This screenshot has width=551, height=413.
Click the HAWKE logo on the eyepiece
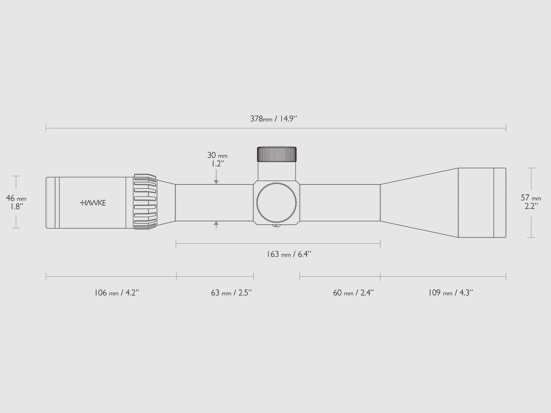(93, 203)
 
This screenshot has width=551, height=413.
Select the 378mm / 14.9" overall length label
(273, 119)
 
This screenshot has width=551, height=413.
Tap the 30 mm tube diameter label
(217, 155)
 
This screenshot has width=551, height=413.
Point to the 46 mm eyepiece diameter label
(16, 198)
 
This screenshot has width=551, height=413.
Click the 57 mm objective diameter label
(531, 198)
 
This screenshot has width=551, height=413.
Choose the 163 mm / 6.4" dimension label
(289, 254)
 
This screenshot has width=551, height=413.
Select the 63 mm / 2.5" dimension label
(231, 293)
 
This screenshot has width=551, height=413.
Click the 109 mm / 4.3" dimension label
(450, 293)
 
